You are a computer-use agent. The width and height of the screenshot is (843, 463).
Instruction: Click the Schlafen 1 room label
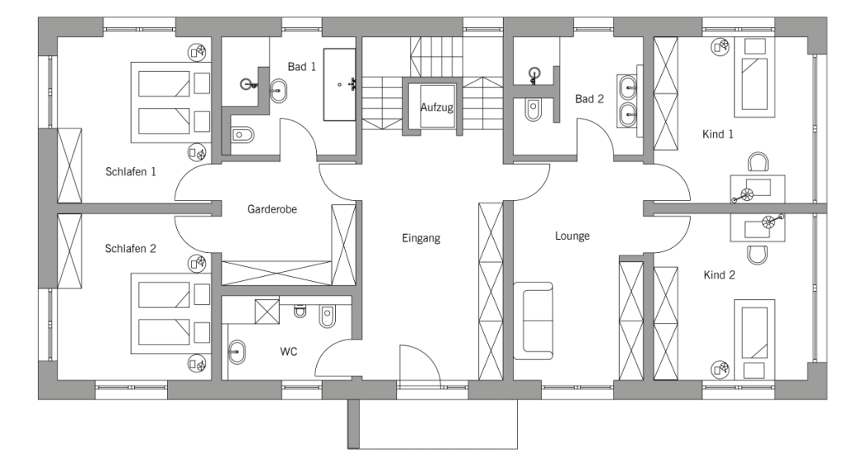(x=131, y=172)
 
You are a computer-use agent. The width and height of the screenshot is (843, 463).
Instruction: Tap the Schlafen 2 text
(x=131, y=248)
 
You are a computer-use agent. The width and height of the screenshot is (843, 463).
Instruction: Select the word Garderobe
(x=272, y=210)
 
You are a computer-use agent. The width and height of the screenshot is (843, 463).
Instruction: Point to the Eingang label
(x=421, y=239)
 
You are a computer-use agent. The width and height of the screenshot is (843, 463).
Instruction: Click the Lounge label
(x=572, y=236)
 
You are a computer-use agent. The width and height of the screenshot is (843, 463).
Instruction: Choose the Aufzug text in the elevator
(x=436, y=108)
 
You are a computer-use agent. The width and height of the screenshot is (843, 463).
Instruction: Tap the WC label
(x=288, y=352)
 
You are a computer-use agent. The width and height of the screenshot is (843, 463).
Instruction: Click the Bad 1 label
(x=301, y=67)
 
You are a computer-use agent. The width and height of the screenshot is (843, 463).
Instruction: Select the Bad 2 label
(x=589, y=100)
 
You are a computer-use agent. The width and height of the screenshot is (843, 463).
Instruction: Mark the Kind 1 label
(x=718, y=133)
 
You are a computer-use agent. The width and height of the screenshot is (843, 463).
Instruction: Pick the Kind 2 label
(x=719, y=275)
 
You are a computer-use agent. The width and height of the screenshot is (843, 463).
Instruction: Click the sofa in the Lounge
(x=533, y=320)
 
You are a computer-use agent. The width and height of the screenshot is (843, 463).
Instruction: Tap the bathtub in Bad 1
(x=339, y=84)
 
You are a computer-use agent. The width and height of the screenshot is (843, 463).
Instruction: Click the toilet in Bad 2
(x=533, y=109)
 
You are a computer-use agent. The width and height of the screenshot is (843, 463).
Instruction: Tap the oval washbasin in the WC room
(x=237, y=353)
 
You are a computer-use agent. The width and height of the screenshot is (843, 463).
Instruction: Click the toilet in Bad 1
(x=244, y=136)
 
